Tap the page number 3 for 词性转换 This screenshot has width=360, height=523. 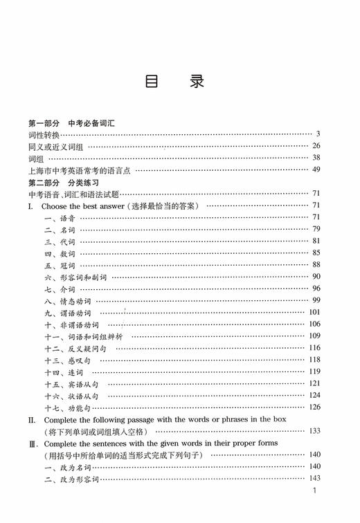point(318,134)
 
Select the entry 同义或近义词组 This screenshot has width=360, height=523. point(57,146)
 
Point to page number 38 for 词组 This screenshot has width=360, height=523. point(316,158)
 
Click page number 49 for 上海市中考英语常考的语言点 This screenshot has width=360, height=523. point(316,169)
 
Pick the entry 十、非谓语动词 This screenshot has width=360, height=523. point(72,324)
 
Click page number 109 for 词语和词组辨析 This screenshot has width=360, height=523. point(314,336)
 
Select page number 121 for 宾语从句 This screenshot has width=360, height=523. point(314,383)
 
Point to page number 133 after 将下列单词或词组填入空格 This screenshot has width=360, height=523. point(314,430)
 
